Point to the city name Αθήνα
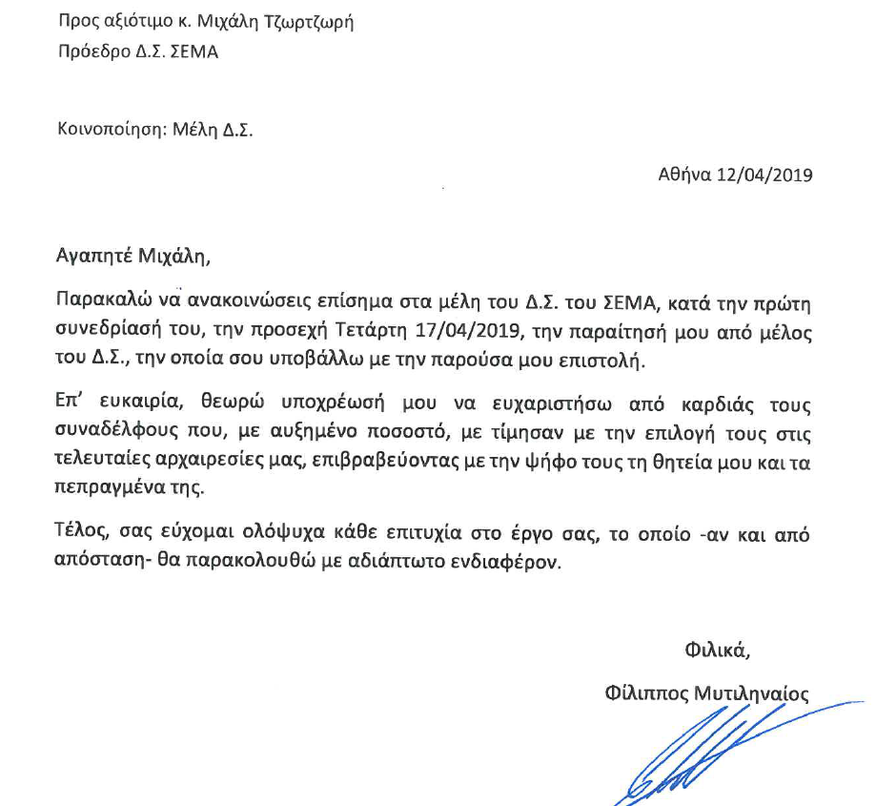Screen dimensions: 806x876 (x=684, y=176)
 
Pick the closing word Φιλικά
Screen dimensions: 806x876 (x=717, y=651)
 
